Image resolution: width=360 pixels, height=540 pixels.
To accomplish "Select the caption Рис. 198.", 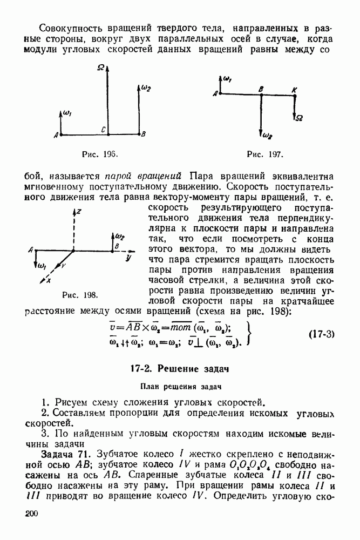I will point(80,295).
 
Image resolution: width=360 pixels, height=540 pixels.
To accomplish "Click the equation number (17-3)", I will point(322,333).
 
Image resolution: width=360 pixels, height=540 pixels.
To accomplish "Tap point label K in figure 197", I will point(294,89).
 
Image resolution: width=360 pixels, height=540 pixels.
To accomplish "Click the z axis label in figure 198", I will point(78,212).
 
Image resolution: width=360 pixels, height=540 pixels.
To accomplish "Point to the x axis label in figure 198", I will point(49,281).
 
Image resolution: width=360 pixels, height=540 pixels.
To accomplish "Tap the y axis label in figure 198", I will point(128,258).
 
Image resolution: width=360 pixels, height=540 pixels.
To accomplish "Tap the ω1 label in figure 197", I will point(227,80).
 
